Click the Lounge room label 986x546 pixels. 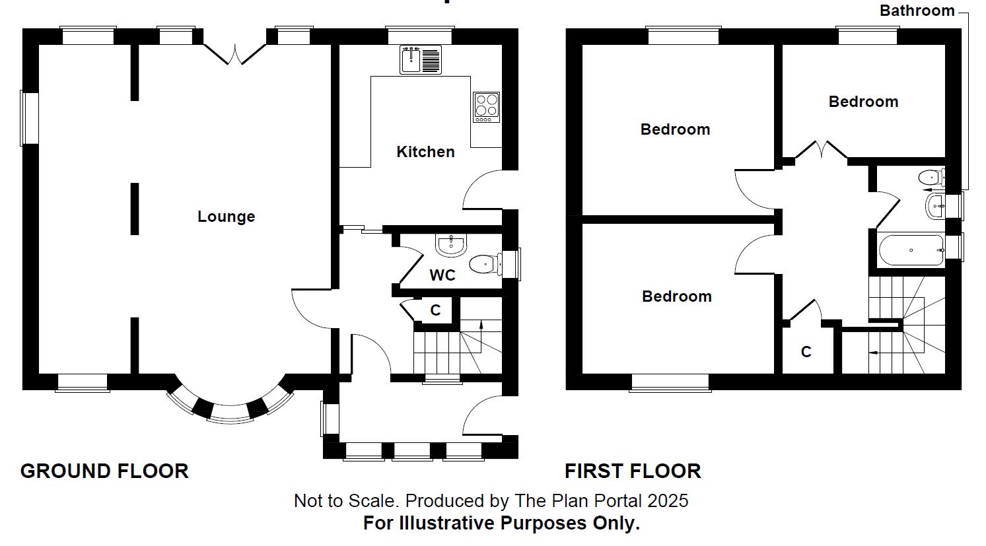tap(226, 217)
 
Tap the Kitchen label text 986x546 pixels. tap(425, 152)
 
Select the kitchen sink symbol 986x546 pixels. tap(420, 59)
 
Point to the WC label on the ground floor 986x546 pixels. tap(442, 275)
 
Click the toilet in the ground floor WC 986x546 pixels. tap(485, 265)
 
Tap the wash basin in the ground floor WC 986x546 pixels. tap(452, 244)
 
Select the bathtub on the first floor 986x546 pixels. tap(911, 250)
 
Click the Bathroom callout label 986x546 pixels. tap(917, 11)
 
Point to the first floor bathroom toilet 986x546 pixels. tap(931, 177)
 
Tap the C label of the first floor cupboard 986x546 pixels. tap(806, 352)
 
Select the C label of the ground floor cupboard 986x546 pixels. tap(435, 310)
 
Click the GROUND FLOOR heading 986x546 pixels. tap(104, 471)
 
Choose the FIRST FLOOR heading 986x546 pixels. tap(632, 471)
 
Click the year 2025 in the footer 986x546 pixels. tap(668, 500)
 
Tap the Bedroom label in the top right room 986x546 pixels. tap(863, 102)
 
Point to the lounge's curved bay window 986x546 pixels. tap(230, 407)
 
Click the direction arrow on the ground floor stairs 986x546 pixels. tap(481, 325)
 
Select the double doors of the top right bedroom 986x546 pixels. tap(822, 150)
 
